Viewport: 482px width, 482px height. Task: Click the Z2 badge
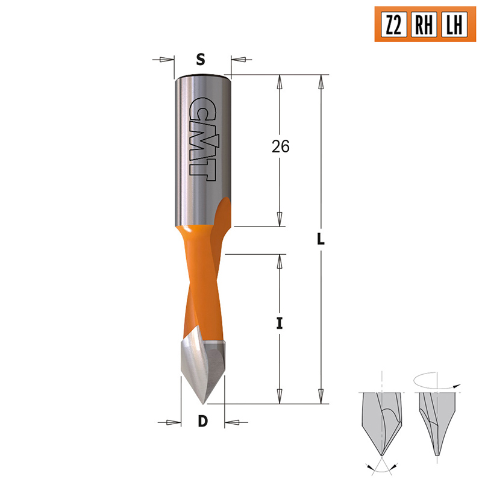tap(394, 24)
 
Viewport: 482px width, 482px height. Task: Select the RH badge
tap(424, 24)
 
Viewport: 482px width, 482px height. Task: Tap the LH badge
tap(454, 24)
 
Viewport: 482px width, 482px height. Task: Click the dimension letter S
tap(201, 59)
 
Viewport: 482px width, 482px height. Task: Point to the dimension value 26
tap(280, 146)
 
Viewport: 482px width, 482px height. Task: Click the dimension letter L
tap(321, 239)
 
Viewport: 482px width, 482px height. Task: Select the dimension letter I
tap(279, 324)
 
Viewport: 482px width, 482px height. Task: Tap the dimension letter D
tap(203, 421)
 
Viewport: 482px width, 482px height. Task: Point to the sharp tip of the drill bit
tap(203, 404)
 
